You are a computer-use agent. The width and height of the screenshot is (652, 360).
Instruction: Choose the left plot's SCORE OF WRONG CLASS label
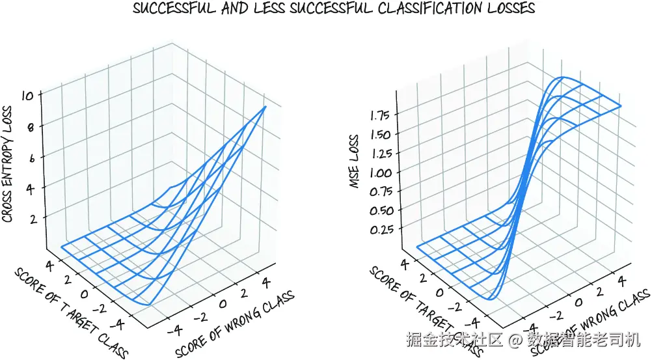tap(236, 323)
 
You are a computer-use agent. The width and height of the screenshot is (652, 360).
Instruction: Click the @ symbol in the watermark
tap(516, 340)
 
